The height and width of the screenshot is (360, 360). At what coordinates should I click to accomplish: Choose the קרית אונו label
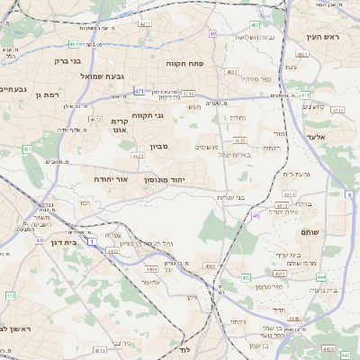click(121, 125)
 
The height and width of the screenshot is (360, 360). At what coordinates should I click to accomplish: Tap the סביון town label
click(158, 145)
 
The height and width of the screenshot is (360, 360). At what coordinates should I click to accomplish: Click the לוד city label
click(186, 348)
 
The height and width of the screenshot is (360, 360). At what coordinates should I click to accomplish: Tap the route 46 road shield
click(256, 215)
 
